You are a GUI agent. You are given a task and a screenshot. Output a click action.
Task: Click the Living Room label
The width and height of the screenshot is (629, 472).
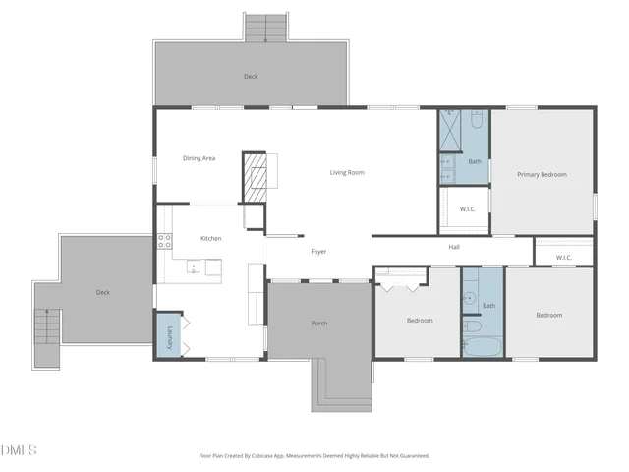pyautogui.click(x=346, y=172)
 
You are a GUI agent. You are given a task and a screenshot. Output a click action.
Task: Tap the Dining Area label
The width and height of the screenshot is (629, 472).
pyautogui.click(x=199, y=158)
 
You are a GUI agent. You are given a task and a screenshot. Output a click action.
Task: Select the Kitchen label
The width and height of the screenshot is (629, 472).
pyautogui.click(x=210, y=238)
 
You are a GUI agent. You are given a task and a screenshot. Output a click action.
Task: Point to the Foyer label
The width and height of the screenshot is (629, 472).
pyautogui.click(x=318, y=252)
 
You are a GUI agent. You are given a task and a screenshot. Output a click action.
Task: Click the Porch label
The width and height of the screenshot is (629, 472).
pyautogui.click(x=318, y=323)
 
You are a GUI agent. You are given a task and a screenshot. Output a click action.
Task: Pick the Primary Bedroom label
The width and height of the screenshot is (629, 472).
pyautogui.click(x=542, y=174)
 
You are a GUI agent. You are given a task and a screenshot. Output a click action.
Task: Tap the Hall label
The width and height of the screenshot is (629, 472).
pyautogui.click(x=454, y=247)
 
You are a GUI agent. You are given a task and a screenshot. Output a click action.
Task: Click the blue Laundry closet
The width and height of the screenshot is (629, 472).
pyautogui.click(x=168, y=335)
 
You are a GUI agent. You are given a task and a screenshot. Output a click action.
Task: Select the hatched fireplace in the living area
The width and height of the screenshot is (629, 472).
pyautogui.click(x=255, y=176)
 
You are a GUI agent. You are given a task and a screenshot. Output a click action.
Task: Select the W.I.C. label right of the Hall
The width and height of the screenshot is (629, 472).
pyautogui.click(x=563, y=258)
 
